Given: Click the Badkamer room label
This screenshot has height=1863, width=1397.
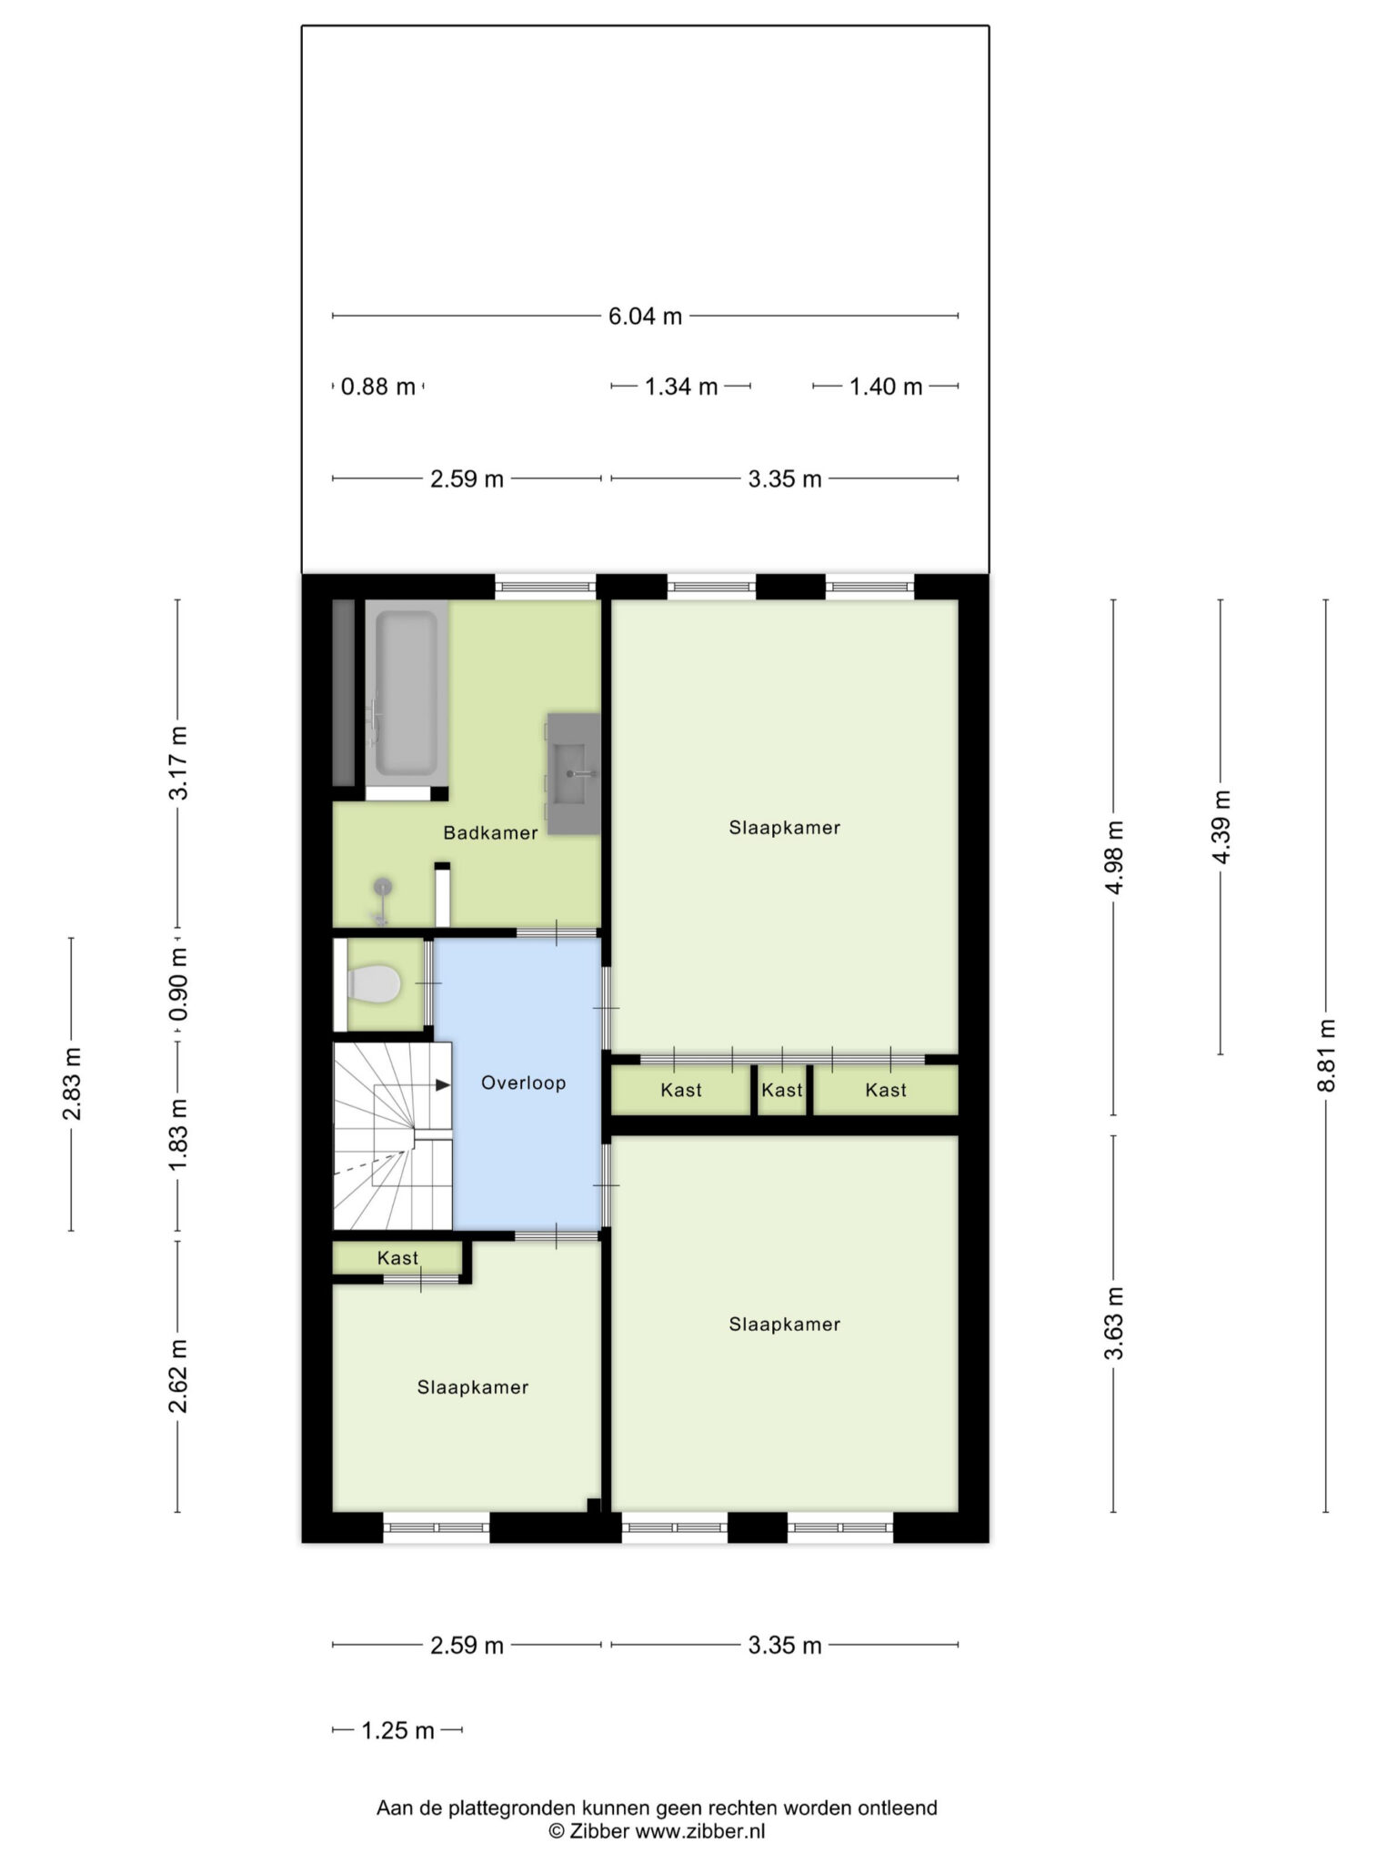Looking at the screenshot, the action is (x=490, y=832).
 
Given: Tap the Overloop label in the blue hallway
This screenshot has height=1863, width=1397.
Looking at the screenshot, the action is (x=523, y=1083).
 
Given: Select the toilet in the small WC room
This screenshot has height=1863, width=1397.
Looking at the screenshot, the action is (x=374, y=984).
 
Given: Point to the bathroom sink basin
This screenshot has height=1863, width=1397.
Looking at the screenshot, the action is (x=571, y=774).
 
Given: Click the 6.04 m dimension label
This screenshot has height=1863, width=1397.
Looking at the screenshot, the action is (x=645, y=317).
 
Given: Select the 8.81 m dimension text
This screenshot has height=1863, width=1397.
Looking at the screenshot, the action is (x=1327, y=1055).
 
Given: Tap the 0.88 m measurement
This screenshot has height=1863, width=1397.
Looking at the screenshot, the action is (x=377, y=387).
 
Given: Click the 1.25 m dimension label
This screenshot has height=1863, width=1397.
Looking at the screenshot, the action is (x=397, y=1730).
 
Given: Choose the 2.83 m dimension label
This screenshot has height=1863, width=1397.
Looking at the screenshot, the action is (x=72, y=1083).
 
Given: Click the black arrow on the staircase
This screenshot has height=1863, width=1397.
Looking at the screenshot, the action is (x=443, y=1085).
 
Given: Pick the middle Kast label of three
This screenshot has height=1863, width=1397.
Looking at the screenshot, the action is (x=782, y=1090).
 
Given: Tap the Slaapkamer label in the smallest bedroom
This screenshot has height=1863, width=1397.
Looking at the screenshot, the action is (x=473, y=1387).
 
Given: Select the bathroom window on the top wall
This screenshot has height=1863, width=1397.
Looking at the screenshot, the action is (x=546, y=587).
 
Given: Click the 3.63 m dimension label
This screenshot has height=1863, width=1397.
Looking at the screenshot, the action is (x=1114, y=1324).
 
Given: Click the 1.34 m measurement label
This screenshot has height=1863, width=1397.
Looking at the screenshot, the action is (x=681, y=387).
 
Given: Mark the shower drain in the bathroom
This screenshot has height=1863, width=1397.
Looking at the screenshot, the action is (x=384, y=884).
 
